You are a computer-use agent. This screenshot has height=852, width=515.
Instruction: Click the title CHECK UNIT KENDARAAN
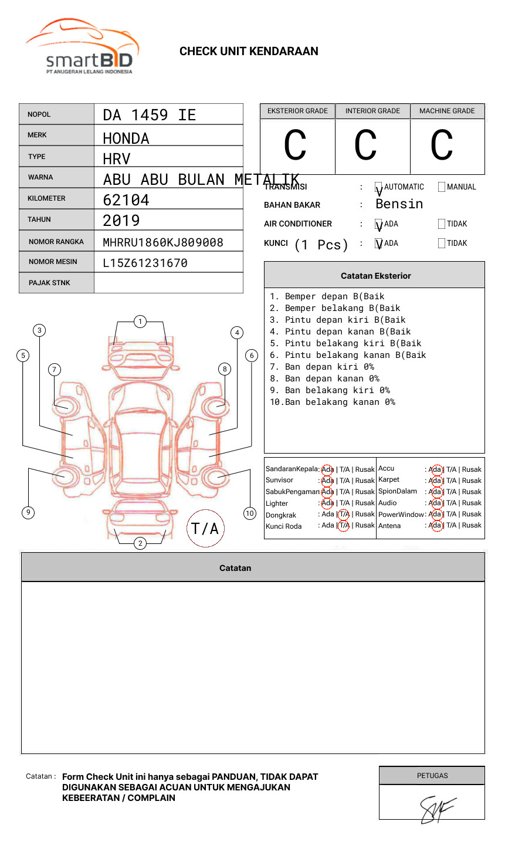click(249, 52)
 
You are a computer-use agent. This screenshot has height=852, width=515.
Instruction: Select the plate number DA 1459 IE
click(150, 115)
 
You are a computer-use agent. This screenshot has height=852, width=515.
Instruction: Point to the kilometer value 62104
click(126, 200)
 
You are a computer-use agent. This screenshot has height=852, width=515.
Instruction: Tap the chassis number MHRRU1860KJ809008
click(163, 242)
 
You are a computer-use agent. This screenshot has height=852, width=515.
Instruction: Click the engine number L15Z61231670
click(145, 263)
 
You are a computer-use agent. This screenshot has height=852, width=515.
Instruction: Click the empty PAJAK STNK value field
click(168, 283)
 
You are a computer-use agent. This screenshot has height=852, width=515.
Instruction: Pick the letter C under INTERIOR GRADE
click(366, 146)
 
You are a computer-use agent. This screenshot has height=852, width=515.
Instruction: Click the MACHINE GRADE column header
click(447, 111)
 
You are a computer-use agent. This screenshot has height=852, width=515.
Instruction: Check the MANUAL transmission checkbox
click(442, 187)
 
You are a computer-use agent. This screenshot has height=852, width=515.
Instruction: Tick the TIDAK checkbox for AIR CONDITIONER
click(442, 224)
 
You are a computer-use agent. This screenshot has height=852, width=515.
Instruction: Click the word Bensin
click(399, 204)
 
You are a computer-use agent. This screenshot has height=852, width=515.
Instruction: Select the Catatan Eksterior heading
click(375, 276)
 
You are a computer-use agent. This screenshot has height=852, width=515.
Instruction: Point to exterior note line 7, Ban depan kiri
click(322, 367)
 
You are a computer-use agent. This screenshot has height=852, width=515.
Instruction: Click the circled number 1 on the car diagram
click(140, 322)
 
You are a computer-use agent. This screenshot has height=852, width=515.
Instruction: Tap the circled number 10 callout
click(250, 513)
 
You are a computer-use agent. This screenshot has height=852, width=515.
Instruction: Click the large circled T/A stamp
click(205, 529)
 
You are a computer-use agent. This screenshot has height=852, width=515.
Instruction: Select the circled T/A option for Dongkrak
click(344, 515)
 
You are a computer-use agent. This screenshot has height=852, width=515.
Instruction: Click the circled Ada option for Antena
click(435, 526)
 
